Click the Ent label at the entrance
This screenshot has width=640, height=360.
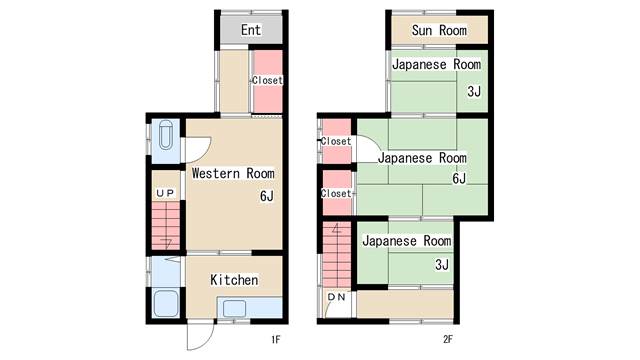251,30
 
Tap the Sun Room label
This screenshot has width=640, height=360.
439,30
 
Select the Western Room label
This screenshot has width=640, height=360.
233,173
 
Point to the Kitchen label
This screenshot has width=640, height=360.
234,280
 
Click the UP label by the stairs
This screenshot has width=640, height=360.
165,193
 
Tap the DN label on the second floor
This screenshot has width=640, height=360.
337,297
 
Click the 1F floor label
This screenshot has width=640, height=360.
276,339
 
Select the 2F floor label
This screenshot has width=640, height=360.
448,339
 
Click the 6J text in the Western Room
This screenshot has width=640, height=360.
267,196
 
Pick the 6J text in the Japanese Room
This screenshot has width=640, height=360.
459,178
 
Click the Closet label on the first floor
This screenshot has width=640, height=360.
267,80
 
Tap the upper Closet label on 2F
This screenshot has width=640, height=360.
336,141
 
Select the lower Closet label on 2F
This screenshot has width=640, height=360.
336,193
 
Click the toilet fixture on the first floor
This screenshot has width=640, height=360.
166,135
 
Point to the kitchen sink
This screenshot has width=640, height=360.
235,308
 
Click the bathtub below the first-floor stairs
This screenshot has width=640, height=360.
166,303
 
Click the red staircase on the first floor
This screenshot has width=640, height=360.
166,225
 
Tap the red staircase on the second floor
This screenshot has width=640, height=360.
337,255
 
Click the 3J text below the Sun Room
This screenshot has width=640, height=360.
474,91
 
